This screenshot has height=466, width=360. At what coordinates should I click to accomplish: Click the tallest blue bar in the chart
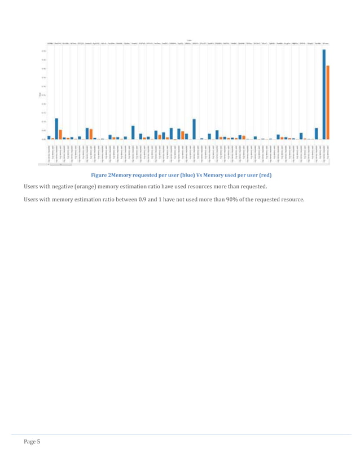[324, 94]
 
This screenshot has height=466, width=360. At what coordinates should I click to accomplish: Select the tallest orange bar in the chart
[328, 102]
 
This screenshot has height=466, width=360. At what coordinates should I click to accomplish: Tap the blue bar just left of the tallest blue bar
[317, 133]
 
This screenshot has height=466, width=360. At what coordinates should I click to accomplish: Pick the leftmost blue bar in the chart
[49, 137]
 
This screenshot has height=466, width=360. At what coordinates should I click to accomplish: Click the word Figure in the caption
[91, 175]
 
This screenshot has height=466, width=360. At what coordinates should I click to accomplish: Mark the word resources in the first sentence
[214, 187]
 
